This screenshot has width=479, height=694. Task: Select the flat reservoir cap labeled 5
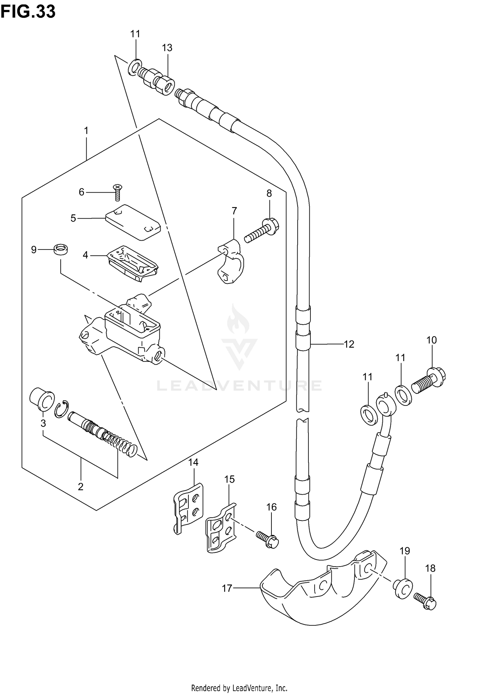(x=133, y=221)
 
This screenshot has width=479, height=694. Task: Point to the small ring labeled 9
(x=61, y=249)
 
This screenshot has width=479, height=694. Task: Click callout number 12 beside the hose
(x=349, y=344)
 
